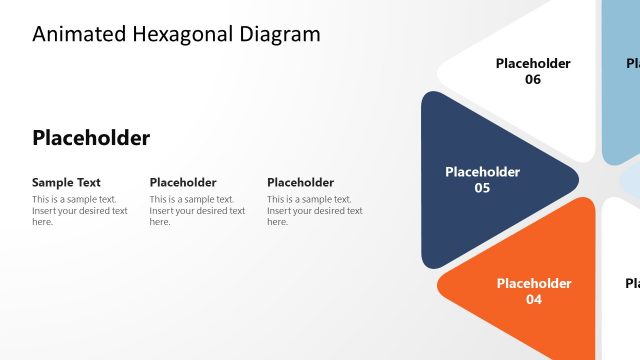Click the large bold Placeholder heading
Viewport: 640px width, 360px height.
(x=91, y=138)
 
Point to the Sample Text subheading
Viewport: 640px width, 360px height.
(x=66, y=183)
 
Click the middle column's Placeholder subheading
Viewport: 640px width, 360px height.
(x=183, y=183)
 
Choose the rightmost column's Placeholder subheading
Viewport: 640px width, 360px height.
(x=300, y=183)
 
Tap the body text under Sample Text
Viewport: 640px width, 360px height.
(x=80, y=210)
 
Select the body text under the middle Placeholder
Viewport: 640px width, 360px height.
(x=197, y=210)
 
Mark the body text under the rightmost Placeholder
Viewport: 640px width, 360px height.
(x=314, y=210)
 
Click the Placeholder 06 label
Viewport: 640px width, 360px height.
(x=533, y=71)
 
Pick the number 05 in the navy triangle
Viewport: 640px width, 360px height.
(x=482, y=188)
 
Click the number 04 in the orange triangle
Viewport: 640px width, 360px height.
(x=533, y=299)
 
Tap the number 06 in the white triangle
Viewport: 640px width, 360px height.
(x=533, y=80)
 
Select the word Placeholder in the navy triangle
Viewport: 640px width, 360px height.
(x=482, y=172)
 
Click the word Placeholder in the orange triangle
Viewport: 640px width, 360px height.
(x=533, y=283)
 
